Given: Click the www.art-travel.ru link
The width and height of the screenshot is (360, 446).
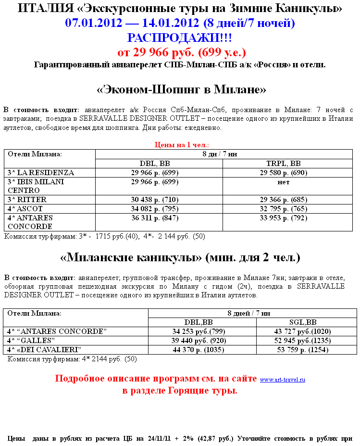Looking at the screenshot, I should pyautogui.click(x=283, y=380).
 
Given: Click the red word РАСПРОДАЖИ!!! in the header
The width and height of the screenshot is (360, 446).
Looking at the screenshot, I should pyautogui.click(x=180, y=38).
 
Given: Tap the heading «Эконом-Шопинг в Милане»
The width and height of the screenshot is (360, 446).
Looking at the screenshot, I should pyautogui.click(x=181, y=90).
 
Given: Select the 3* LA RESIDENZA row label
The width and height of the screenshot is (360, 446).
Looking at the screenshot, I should pyautogui.click(x=41, y=172).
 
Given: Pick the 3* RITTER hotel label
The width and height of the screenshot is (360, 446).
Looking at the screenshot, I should pyautogui.click(x=27, y=199).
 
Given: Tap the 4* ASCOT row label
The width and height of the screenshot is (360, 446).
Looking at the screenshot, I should pyautogui.click(x=25, y=208).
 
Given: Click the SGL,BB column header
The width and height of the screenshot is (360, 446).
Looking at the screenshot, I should pyautogui.click(x=303, y=322).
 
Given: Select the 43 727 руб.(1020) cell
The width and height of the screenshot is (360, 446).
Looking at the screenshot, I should pyautogui.click(x=303, y=331).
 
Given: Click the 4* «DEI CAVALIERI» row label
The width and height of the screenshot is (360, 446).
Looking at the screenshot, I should pyautogui.click(x=44, y=349).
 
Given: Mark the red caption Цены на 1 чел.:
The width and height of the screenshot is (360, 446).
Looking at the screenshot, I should pyautogui.click(x=181, y=145).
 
